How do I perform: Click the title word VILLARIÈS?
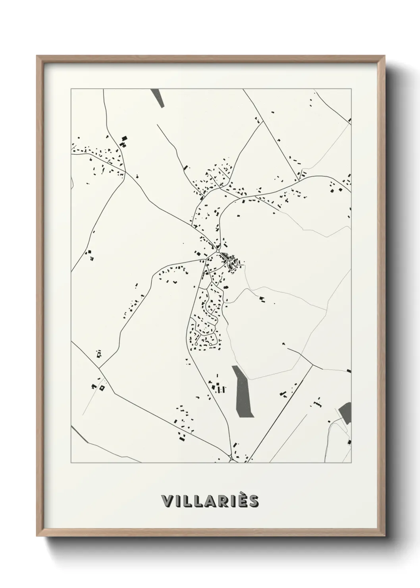pyautogui.click(x=210, y=501)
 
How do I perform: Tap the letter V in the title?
pyautogui.click(x=167, y=501)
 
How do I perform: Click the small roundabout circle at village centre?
pyautogui.click(x=218, y=251)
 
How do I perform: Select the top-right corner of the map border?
pyautogui.click(x=351, y=89)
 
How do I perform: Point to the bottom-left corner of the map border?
pyautogui.click(x=71, y=463)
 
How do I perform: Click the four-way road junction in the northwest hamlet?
pyautogui.click(x=125, y=172)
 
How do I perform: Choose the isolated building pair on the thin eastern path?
pyautogui.click(x=262, y=298)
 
